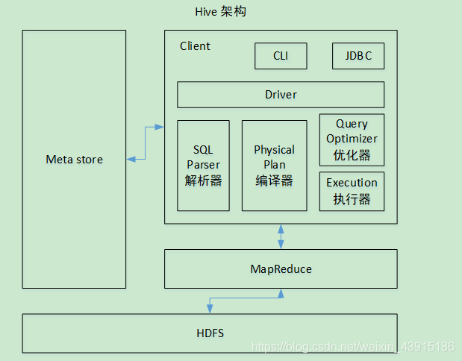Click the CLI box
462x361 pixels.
coord(281,56)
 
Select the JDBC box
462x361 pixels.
coord(358,56)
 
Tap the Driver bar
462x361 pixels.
coord(281,95)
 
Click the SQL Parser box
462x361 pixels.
coord(203,165)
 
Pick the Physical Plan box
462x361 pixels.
coord(274,165)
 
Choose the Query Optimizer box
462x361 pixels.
coord(352,139)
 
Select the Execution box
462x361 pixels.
coord(352,191)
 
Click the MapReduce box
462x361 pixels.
coord(281,269)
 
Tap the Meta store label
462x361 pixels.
coord(75,160)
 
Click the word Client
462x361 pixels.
coord(195,46)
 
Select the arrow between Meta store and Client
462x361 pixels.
coord(145,143)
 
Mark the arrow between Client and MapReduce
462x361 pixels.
coord(281,236)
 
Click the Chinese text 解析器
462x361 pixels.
coord(203,180)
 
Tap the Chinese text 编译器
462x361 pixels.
coord(274,180)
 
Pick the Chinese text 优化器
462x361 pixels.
coord(352,155)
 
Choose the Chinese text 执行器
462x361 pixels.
coord(352,199)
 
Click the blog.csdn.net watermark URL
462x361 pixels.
coord(352,347)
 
